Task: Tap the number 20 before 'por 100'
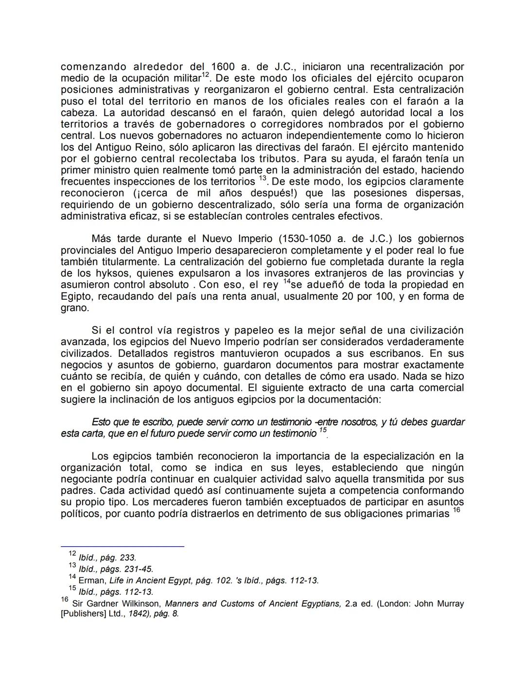tap(348, 296)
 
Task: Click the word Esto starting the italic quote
tap(101, 422)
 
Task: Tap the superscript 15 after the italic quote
tap(323, 430)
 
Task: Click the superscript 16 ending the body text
tap(456, 510)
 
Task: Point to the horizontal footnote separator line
tap(122, 546)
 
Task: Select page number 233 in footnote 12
tap(127, 557)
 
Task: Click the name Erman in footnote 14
tap(91, 580)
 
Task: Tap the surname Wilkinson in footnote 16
tap(140, 604)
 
